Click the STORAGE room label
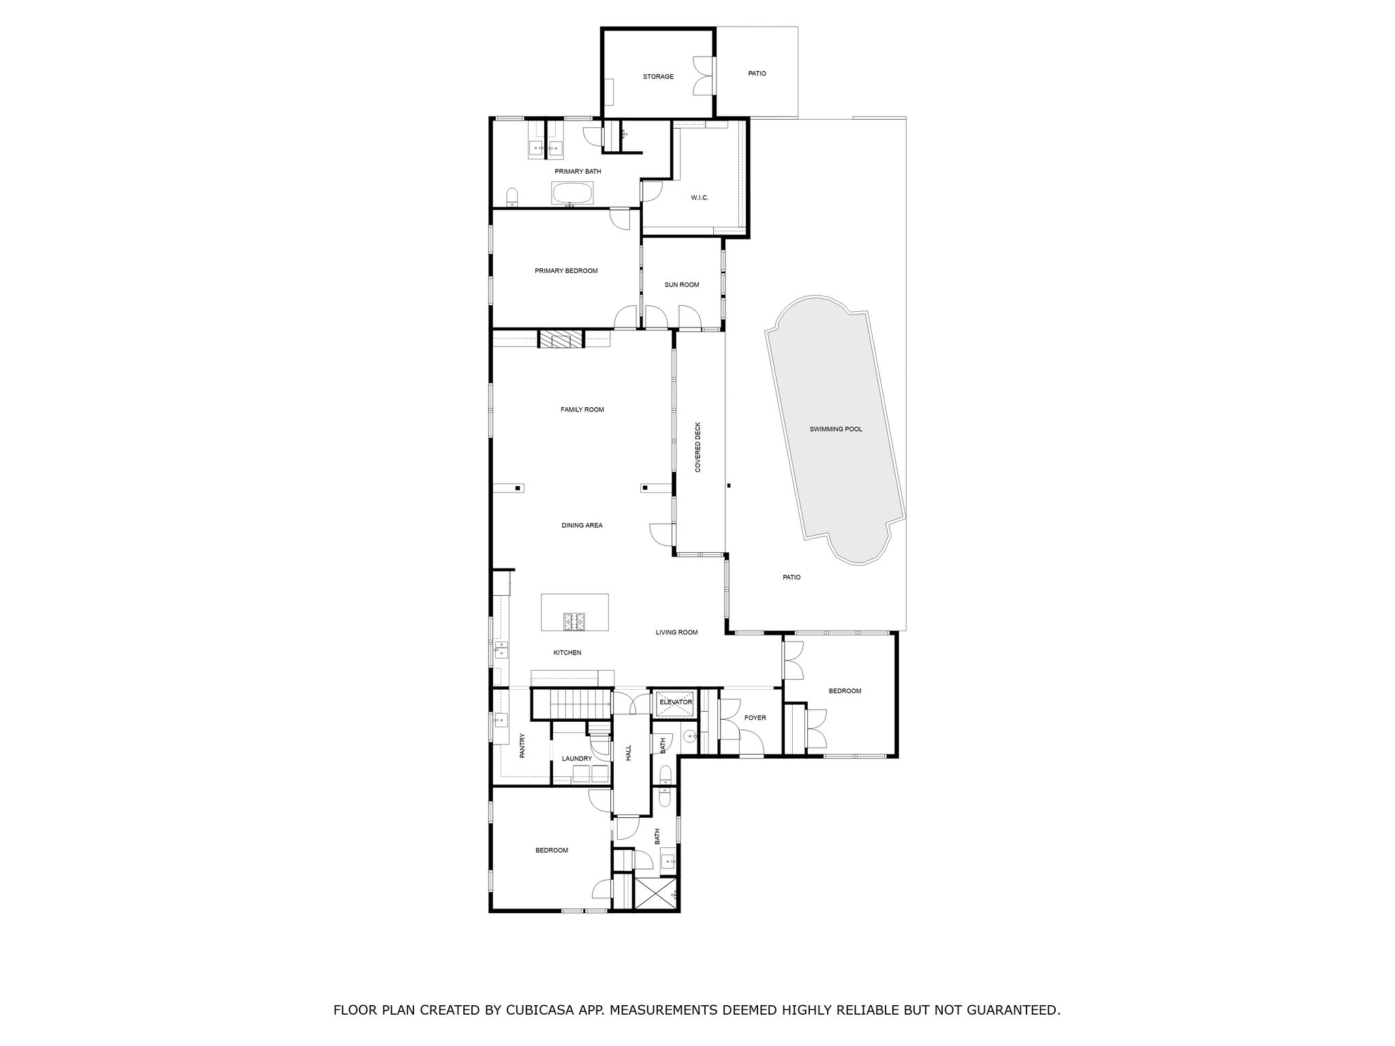click(658, 76)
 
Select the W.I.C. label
click(700, 197)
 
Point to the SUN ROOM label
click(682, 285)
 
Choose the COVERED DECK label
click(697, 447)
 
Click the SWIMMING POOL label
click(836, 429)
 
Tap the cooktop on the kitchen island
click(574, 621)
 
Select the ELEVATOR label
click(676, 702)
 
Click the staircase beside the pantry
click(571, 703)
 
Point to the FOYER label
click(755, 718)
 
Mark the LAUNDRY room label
click(577, 759)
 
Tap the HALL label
click(629, 752)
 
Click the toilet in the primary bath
click(513, 197)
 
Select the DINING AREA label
click(582, 525)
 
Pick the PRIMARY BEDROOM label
click(566, 270)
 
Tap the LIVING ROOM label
click(676, 632)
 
